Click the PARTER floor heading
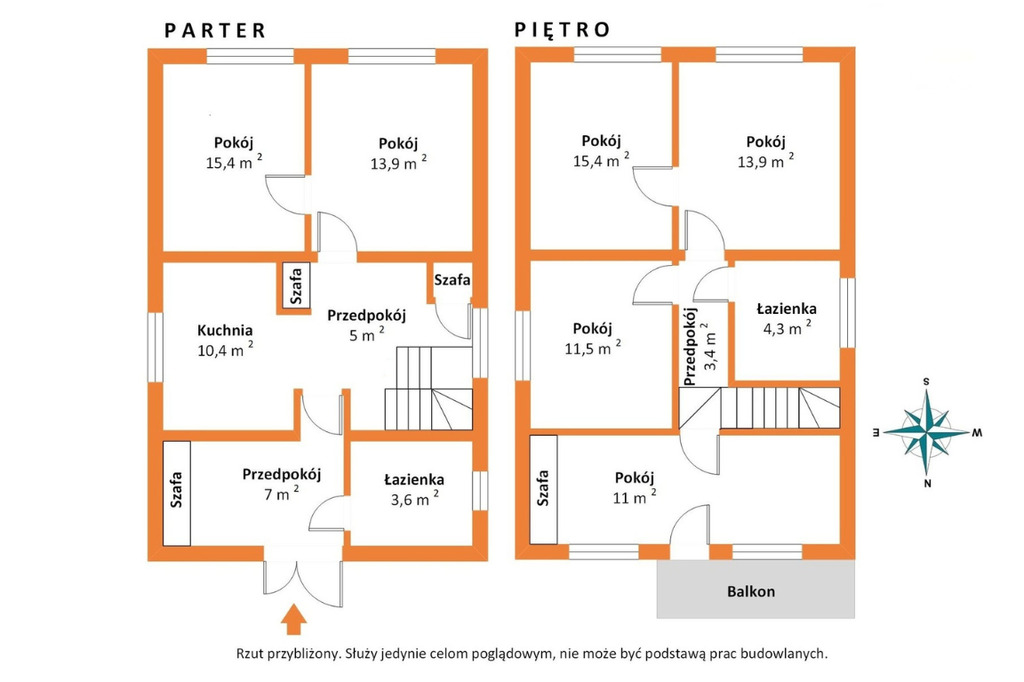[215, 31]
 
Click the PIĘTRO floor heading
[562, 29]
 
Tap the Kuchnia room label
[225, 331]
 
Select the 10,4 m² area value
[225, 349]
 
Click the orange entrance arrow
[294, 619]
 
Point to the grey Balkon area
[756, 589]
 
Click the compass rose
[927, 432]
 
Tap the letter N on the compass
[927, 483]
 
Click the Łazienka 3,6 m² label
[414, 489]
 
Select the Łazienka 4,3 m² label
[786, 317]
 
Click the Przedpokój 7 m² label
[281, 483]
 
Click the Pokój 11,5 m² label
[592, 338]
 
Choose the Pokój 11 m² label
[634, 487]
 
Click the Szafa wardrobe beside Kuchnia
[296, 285]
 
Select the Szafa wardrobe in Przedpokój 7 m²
[176, 493]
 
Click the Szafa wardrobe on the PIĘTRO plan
[543, 489]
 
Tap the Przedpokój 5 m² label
[366, 325]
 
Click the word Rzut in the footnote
[250, 653]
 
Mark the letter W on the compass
[978, 432]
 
